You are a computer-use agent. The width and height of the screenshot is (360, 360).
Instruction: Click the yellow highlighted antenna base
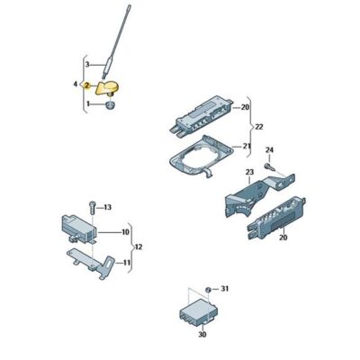tap(107, 88)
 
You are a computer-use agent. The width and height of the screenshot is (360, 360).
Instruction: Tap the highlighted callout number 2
tap(86, 85)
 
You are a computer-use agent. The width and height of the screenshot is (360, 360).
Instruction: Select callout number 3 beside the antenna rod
tap(87, 64)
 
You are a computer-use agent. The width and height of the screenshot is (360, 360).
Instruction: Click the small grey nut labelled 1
tap(111, 105)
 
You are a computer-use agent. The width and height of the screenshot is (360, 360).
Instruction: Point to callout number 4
tap(76, 85)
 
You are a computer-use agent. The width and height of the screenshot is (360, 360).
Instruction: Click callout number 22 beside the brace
tap(258, 127)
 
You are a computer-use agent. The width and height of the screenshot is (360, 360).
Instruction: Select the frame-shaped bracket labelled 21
tap(202, 158)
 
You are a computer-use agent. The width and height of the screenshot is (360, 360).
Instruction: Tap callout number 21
tap(247, 147)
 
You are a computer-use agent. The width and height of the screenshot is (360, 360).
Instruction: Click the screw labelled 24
tap(270, 166)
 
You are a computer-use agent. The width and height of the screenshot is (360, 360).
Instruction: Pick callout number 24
tap(269, 149)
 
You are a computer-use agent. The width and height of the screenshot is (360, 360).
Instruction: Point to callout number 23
tap(249, 172)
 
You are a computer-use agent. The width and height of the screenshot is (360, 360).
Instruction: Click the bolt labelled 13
tap(93, 207)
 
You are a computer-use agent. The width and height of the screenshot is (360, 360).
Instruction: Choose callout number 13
tap(107, 207)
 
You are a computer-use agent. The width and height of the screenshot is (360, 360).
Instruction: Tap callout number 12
tap(139, 247)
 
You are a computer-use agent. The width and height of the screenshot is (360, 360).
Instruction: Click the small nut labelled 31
tap(207, 290)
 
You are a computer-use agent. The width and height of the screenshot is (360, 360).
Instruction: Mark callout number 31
tap(225, 289)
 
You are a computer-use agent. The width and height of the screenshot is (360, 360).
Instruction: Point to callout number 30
tap(202, 334)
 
